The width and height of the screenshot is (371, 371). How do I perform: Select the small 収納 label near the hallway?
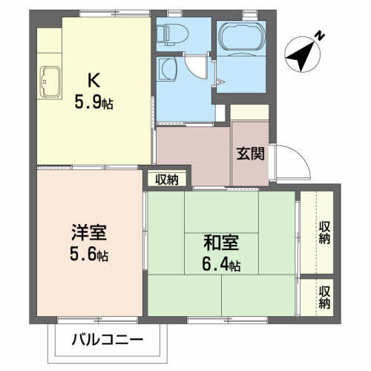166,179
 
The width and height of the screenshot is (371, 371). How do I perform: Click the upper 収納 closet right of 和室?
324,232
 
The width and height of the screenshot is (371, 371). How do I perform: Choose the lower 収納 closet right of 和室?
324,296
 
